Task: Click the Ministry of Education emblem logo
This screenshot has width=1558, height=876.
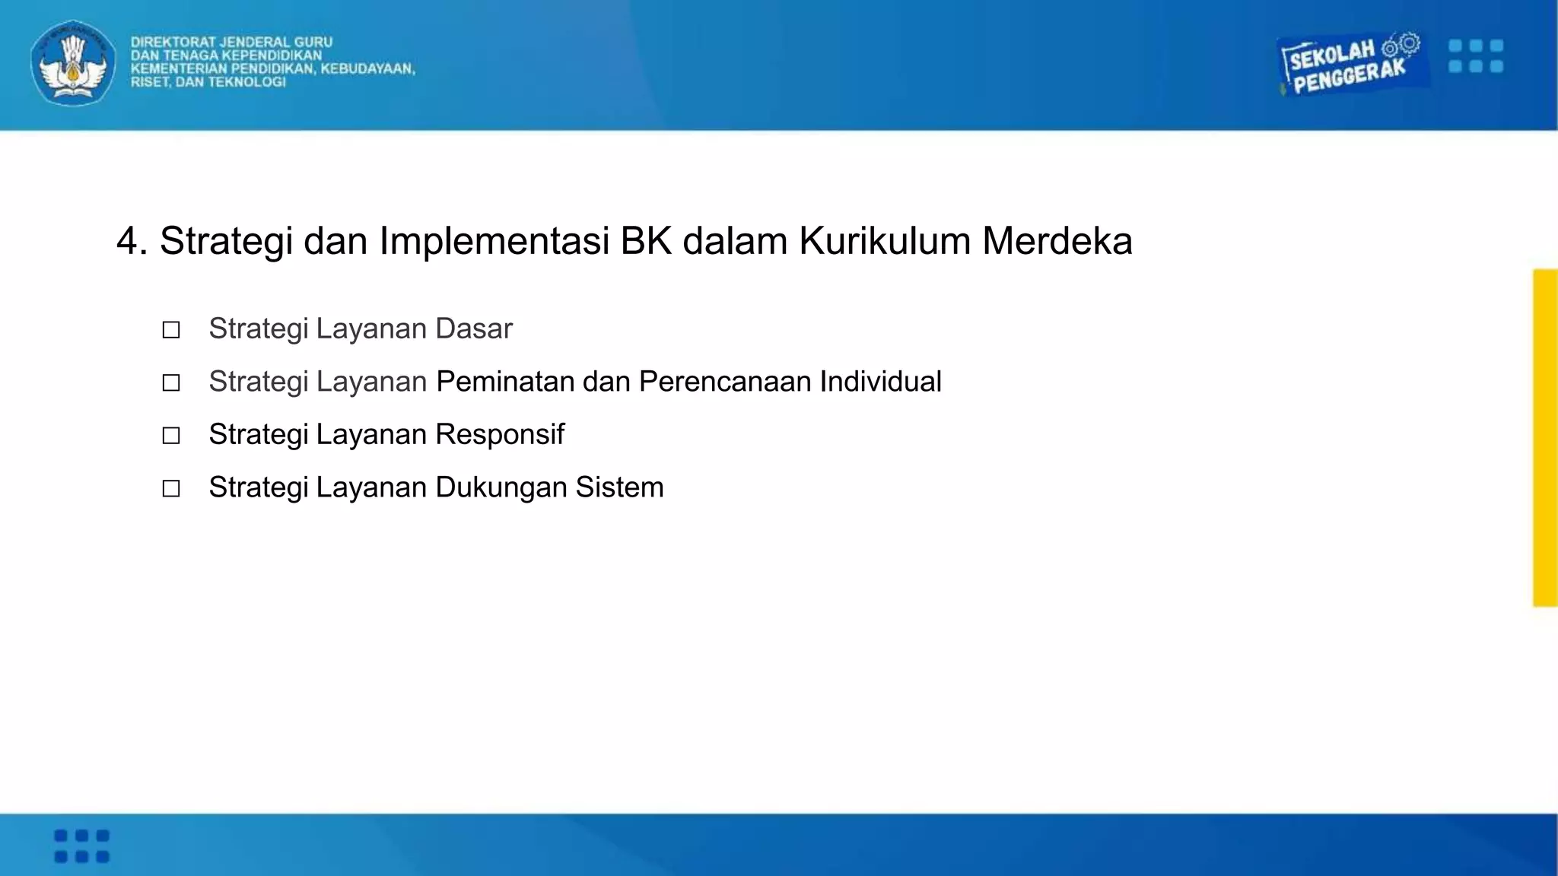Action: coord(73,63)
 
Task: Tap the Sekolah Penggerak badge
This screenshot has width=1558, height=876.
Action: coord(1349,65)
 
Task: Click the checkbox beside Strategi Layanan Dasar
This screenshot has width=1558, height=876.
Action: coord(171,330)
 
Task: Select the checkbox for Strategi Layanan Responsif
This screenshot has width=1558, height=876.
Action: coord(171,436)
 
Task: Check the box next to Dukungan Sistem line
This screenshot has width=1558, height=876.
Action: coord(171,488)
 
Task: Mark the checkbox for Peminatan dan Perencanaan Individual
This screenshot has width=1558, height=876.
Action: coord(171,382)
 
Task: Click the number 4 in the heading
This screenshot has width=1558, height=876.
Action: coord(127,242)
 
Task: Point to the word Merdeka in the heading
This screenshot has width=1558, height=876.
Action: coord(1057,242)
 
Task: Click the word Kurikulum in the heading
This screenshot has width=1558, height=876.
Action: coord(885,242)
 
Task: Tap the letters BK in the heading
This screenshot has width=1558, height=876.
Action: coord(646,242)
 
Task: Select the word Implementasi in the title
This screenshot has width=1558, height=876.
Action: coord(494,242)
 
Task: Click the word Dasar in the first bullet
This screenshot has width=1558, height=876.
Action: coord(474,329)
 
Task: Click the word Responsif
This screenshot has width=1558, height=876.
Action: coord(500,435)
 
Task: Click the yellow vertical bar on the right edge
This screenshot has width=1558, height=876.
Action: coord(1545,437)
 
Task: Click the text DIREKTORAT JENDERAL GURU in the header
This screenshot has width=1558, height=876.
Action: coord(231,43)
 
